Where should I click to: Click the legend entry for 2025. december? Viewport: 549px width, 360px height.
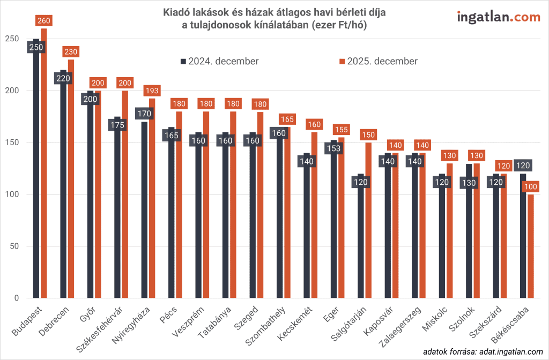378,61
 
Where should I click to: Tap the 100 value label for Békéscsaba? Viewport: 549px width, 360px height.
531,187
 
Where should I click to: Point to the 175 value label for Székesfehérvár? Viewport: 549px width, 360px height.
117,125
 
